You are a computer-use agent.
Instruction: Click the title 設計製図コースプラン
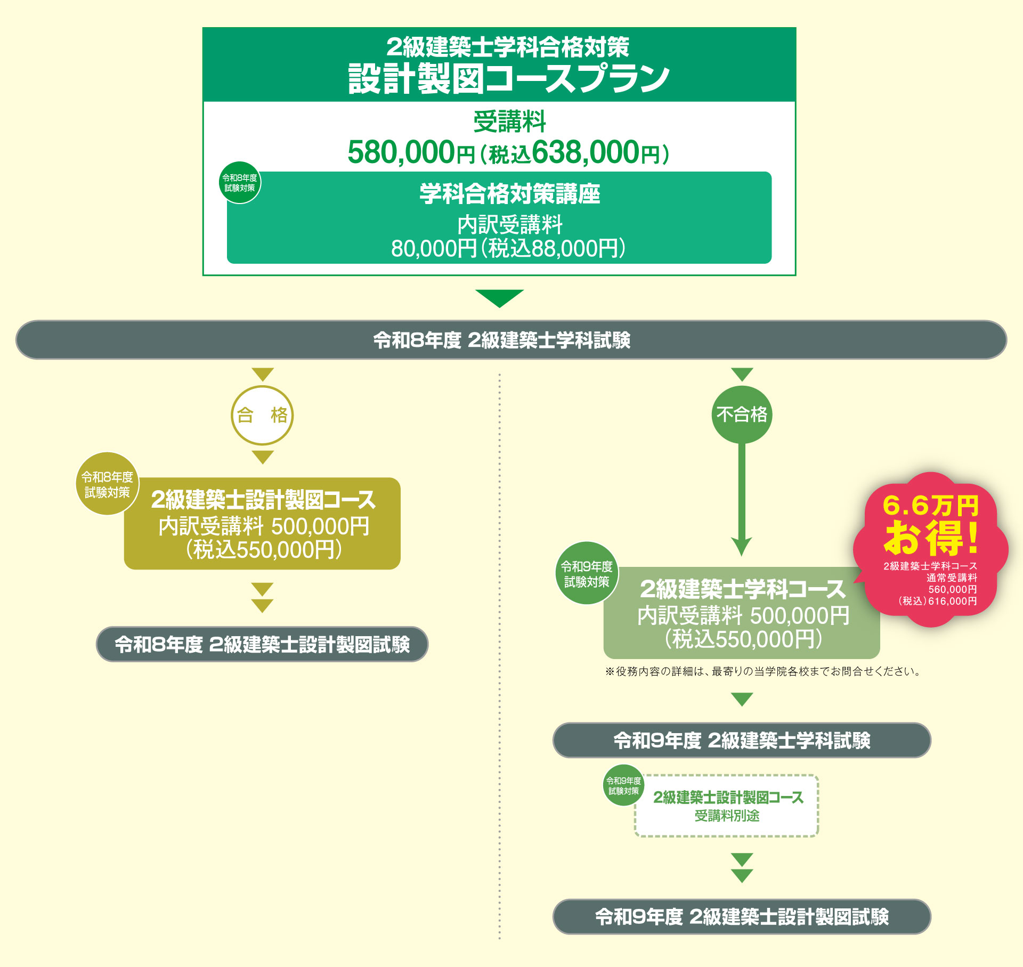tap(509, 78)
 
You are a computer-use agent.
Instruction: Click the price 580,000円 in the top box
tap(410, 152)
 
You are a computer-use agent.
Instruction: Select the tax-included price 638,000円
tap(594, 152)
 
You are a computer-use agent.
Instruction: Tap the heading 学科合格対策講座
tap(509, 193)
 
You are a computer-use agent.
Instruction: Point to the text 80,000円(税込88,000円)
tap(508, 248)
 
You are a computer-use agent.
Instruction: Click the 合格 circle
tap(262, 415)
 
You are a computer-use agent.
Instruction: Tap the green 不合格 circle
tap(742, 415)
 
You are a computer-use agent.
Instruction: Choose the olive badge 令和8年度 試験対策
tap(107, 484)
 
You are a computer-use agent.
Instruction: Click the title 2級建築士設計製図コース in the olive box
tap(263, 500)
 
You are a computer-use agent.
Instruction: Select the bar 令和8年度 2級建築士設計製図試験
tap(262, 644)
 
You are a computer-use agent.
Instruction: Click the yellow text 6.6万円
tap(930, 505)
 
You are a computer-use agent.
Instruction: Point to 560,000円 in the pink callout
tap(952, 589)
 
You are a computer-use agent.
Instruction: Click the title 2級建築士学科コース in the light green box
tap(742, 589)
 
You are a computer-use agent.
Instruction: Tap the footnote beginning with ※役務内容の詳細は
tap(763, 671)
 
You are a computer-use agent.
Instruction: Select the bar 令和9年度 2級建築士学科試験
tap(742, 740)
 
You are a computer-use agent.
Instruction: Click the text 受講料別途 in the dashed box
tap(727, 816)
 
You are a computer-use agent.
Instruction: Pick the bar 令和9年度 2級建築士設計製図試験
tap(742, 916)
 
